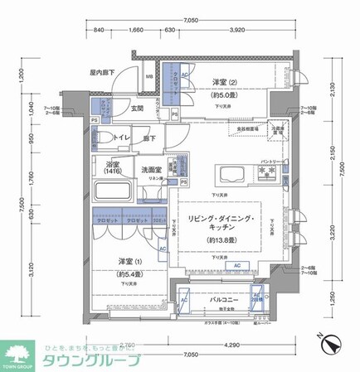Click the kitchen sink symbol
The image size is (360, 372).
point(228,174)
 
